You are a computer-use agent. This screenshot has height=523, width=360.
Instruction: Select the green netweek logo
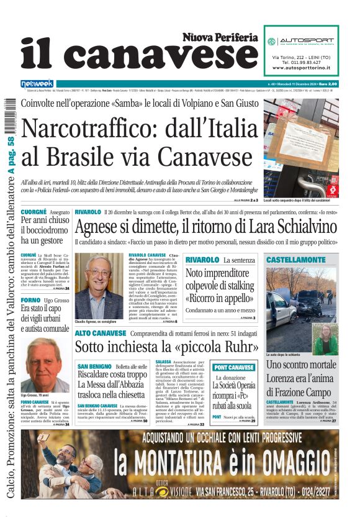pos(37,84)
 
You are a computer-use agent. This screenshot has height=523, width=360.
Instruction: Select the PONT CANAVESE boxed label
pos(234,367)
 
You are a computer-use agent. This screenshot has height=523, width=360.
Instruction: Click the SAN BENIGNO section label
pos(94,366)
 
